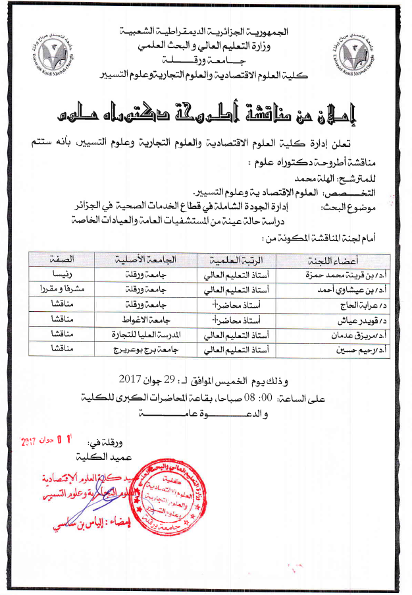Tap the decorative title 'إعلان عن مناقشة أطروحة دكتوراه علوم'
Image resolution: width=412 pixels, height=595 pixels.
(x=206, y=115)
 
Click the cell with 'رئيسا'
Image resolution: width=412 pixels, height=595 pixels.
(x=62, y=272)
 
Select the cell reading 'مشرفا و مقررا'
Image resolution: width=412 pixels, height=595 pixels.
(x=62, y=288)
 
